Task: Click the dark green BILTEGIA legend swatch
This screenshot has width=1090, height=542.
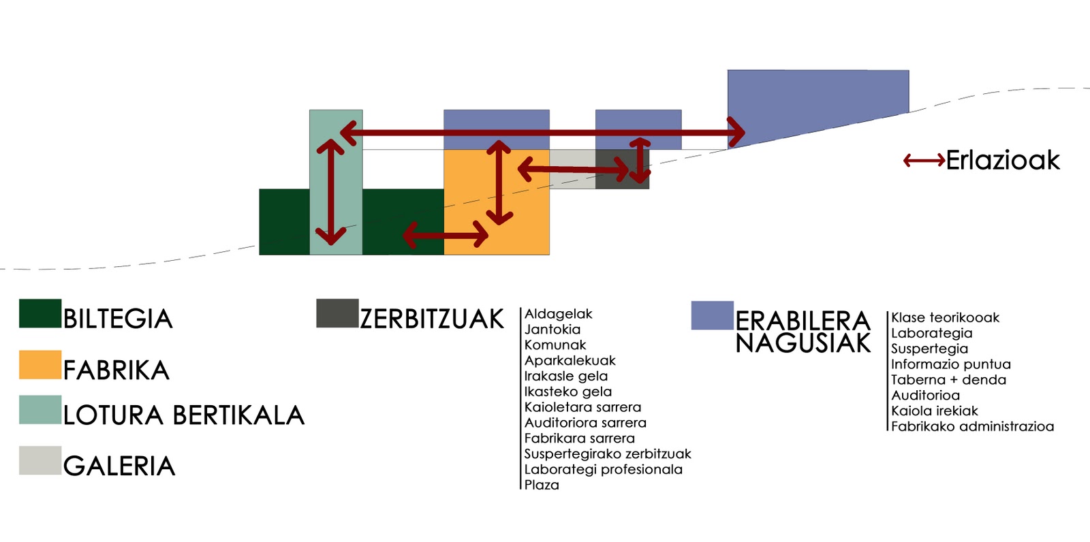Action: [x=40, y=313]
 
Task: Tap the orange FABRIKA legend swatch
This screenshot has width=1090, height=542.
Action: [x=40, y=365]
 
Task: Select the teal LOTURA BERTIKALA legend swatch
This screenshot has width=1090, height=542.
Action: [x=40, y=410]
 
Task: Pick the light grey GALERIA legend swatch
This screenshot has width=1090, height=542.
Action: [x=40, y=460]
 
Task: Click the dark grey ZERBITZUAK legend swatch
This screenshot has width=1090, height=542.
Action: [x=337, y=313]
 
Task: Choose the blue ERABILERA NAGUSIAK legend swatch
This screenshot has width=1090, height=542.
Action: [x=712, y=315]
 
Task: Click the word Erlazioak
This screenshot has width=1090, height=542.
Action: [x=1003, y=161]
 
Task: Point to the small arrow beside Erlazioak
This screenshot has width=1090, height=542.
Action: [x=924, y=161]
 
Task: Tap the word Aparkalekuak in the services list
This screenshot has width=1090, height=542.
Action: [x=570, y=360]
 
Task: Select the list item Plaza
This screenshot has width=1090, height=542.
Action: [x=542, y=485]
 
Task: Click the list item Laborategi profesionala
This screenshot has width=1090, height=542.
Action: [x=603, y=469]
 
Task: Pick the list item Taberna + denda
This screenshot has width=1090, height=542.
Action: [x=948, y=380]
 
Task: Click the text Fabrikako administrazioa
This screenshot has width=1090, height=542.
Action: [x=972, y=426]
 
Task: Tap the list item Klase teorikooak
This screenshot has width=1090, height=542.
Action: [x=945, y=317]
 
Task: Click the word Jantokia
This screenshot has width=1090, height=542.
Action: [x=552, y=330]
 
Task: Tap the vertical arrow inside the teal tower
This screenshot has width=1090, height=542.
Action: [x=331, y=192]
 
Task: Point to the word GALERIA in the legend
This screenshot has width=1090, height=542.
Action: [x=119, y=466]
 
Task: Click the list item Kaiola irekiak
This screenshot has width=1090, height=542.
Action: [x=934, y=411]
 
